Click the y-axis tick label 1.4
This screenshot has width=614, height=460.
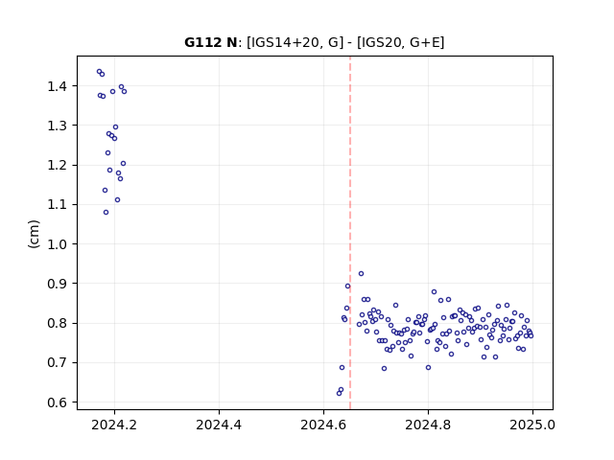[x=58, y=86]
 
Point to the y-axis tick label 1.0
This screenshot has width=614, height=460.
[x=58, y=244]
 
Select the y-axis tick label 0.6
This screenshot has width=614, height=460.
[x=58, y=402]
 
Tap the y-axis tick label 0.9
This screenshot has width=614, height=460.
[x=58, y=284]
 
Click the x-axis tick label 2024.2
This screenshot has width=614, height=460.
[x=114, y=425]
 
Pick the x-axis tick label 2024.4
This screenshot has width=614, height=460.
[x=219, y=425]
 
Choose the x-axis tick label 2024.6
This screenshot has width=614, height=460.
[x=323, y=425]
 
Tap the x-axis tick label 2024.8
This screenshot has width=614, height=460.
[x=428, y=425]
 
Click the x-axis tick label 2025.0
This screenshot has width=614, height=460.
[x=532, y=425]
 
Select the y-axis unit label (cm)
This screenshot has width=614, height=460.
[x=35, y=234]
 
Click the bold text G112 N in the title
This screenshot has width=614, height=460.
[x=211, y=42]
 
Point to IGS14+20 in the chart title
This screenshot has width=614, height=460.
[x=283, y=42]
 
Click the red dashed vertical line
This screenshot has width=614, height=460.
[x=350, y=233]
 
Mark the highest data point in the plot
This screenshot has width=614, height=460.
[x=99, y=72]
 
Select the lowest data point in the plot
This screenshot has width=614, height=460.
[x=339, y=393]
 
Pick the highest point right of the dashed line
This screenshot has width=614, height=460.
[x=361, y=273]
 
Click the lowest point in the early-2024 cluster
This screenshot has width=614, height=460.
[x=106, y=213]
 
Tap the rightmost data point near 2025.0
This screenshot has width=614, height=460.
[x=531, y=335]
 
